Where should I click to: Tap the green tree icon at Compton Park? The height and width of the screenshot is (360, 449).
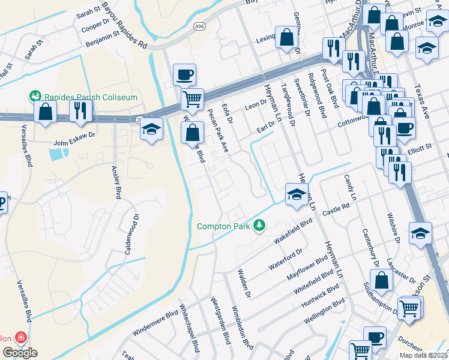[259, 226]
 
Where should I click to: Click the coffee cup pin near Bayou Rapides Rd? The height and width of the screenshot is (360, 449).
[184, 76]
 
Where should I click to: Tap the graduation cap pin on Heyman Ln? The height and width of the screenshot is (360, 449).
[297, 194]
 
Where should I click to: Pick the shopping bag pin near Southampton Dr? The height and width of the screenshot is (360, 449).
[381, 280]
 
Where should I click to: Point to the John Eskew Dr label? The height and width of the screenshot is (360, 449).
[74, 136]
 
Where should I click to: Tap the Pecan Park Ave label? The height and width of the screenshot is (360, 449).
[217, 131]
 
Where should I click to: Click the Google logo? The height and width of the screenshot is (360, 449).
[20, 353]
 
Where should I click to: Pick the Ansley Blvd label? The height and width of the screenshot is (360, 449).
[114, 182]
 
